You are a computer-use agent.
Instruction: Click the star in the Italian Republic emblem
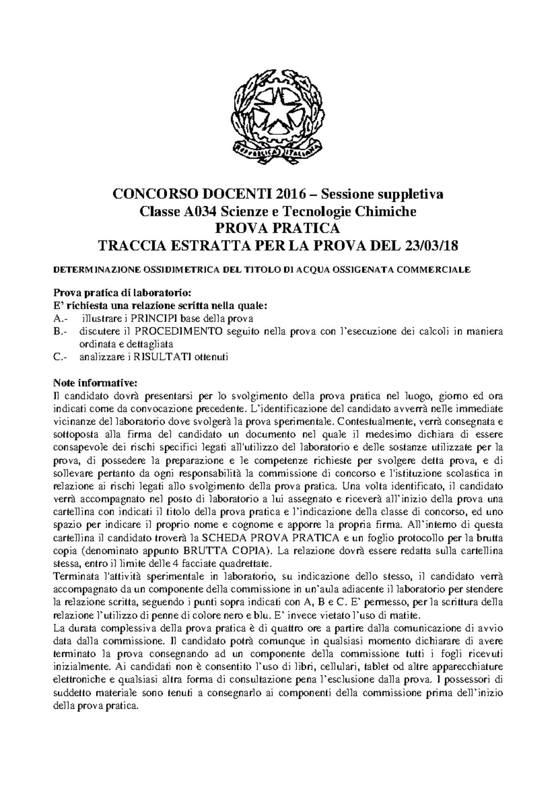(x=278, y=110)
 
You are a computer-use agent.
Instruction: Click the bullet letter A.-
(x=60, y=319)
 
